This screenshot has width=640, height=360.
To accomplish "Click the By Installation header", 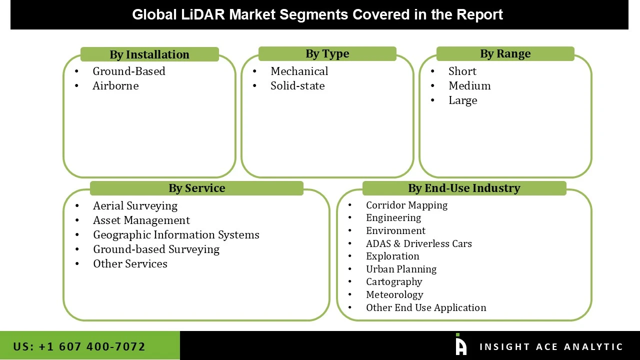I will [x=149, y=54].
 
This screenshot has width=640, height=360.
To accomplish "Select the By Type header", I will [x=327, y=54].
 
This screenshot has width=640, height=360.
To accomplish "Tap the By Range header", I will [x=505, y=54].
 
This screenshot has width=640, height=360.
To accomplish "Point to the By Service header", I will [x=196, y=188].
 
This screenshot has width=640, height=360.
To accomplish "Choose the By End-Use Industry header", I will [x=464, y=188].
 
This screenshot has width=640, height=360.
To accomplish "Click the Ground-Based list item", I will [x=129, y=71].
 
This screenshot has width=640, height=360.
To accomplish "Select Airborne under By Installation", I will [x=115, y=86].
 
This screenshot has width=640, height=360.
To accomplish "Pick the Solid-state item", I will [x=297, y=86].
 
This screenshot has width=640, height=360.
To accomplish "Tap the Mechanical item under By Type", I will [x=299, y=71].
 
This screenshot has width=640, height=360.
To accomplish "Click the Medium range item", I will [x=469, y=86].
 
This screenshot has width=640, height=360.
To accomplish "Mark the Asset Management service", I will [x=141, y=220].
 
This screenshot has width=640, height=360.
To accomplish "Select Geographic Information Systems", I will [x=176, y=235].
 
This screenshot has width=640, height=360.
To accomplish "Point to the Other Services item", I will [x=130, y=264].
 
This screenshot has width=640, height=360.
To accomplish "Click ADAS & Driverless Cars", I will [x=419, y=244].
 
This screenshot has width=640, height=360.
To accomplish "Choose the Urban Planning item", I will [x=401, y=269].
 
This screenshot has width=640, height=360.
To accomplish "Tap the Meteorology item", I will [x=394, y=295].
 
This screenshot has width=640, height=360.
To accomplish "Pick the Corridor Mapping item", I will [x=406, y=205].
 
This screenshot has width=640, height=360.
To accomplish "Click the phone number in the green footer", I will [x=79, y=346].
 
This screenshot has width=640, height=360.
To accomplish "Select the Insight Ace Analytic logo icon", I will [x=461, y=345].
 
